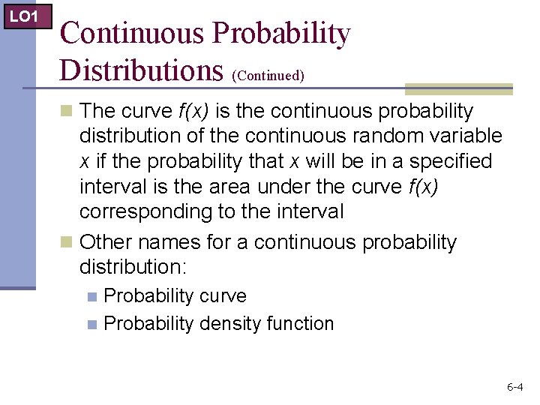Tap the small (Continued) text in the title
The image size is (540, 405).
[268, 76]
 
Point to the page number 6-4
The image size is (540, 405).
[515, 387]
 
